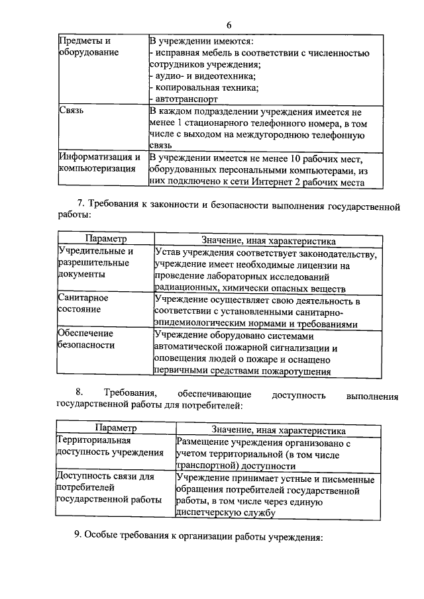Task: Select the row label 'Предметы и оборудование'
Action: pyautogui.click(x=84, y=46)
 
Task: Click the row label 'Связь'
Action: pyautogui.click(x=72, y=111)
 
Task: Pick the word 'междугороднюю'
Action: pyautogui.click(x=264, y=134)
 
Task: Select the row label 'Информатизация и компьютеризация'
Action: pyautogui.click(x=99, y=163)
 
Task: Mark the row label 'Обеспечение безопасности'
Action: pyautogui.click(x=86, y=338)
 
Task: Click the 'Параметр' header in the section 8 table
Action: pyautogui.click(x=115, y=429)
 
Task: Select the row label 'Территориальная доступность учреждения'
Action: pyautogui.click(x=110, y=446)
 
